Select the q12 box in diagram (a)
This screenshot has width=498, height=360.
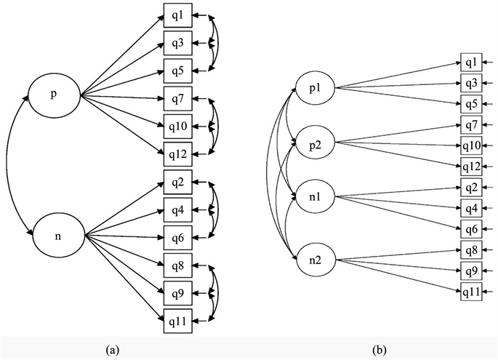[178, 153]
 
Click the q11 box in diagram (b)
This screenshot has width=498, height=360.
[471, 292]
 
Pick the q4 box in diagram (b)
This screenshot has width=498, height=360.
[471, 208]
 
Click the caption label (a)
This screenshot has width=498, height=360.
[112, 350]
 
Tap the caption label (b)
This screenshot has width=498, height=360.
[379, 350]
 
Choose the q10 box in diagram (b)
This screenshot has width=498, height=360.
[471, 144]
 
